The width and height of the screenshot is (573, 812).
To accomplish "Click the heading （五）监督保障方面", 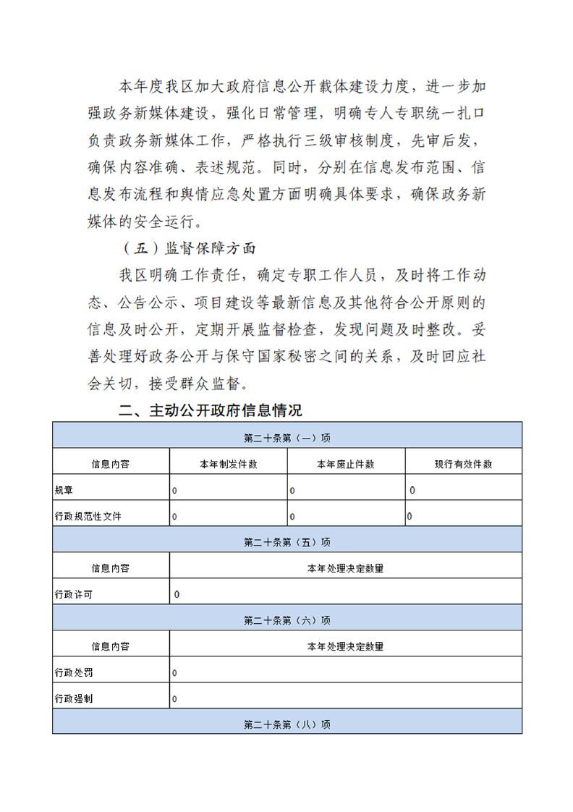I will [187, 248].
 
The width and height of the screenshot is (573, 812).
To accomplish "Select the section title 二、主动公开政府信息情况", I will [210, 410].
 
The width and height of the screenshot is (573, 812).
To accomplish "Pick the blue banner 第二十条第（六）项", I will [287, 620].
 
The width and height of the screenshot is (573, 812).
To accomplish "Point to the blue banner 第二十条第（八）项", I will [287, 724].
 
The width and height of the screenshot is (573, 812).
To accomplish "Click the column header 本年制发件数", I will [229, 464].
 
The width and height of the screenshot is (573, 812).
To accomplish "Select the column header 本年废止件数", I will [346, 464].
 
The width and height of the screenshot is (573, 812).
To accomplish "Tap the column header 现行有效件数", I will [464, 464].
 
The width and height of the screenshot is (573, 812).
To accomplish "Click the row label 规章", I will [64, 490].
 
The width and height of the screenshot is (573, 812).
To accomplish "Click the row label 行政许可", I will [74, 594].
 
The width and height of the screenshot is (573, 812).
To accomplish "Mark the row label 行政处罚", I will [74, 672].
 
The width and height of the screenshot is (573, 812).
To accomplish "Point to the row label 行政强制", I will [74, 698].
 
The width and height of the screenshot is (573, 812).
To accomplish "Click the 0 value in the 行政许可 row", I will [177, 595].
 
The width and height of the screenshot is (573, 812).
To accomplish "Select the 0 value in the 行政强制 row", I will [174, 699].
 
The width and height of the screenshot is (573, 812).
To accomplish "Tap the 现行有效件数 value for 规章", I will [412, 491].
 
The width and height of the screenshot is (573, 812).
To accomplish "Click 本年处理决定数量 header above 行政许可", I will [346, 568].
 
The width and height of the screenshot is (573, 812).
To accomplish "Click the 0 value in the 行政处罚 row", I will [174, 673].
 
